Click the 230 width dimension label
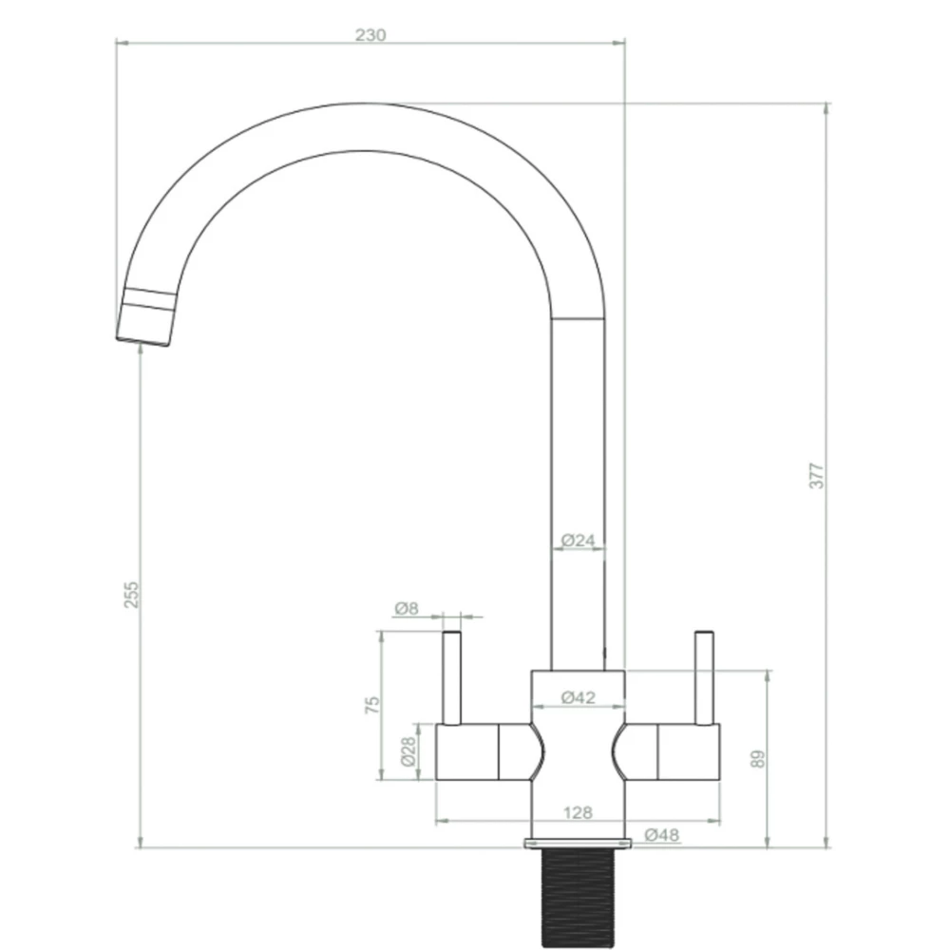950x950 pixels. [370, 35]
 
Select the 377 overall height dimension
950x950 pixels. [817, 475]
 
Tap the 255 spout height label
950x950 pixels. [132, 595]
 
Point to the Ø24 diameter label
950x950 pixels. [578, 541]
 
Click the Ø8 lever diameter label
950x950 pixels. [406, 608]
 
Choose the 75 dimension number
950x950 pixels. [373, 704]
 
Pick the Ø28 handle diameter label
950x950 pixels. [408, 752]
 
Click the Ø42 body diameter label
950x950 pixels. [578, 697]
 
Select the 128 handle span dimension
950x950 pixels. [578, 812]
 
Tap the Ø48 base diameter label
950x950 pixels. [661, 834]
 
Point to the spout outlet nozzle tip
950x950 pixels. [144, 329]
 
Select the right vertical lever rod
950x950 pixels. [703, 676]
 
